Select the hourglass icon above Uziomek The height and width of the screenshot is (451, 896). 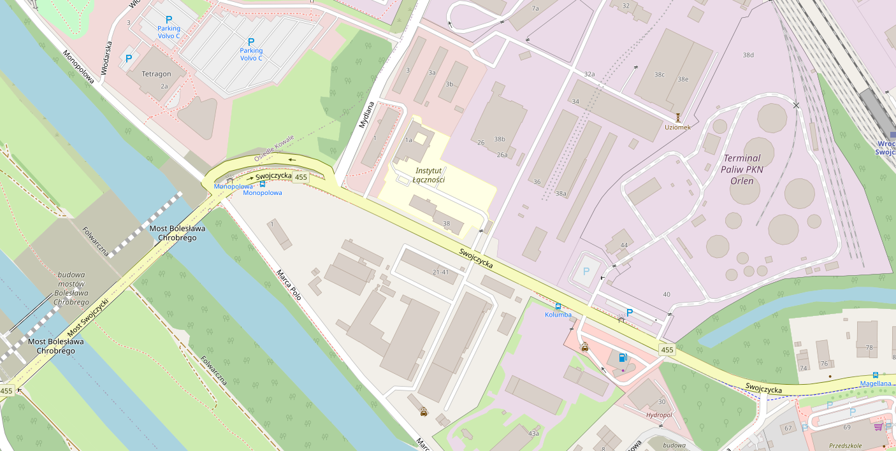tap(678, 117)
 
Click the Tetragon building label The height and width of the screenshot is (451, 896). tap(156, 74)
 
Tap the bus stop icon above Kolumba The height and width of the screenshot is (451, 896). tap(558, 306)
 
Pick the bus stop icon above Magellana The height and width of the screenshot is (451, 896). tap(875, 375)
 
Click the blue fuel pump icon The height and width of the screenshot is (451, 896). tap(623, 357)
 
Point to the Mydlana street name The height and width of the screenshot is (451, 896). tap(365, 114)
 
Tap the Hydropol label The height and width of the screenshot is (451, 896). tap(658, 415)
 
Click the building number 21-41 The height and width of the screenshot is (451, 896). tap(440, 272)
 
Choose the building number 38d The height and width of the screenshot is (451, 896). tap(748, 55)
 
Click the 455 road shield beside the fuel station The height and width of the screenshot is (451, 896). tap(667, 350)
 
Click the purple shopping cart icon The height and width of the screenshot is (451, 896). tap(878, 426)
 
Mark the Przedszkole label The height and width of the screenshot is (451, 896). tap(845, 446)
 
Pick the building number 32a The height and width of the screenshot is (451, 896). tap(589, 75)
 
